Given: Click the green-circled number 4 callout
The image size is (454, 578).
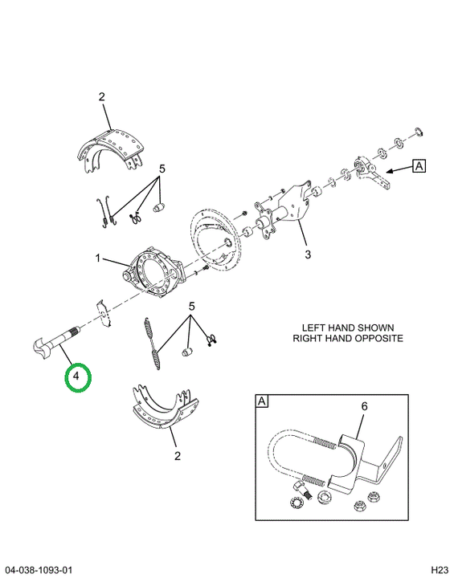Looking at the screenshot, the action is click(76, 377).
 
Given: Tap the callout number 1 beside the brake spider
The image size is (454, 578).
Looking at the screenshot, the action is click(98, 258).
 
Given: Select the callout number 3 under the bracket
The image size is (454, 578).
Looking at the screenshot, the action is click(308, 254).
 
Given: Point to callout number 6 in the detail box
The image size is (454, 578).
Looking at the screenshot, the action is click(364, 406).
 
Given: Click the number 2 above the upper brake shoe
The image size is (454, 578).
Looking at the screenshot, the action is click(102, 97).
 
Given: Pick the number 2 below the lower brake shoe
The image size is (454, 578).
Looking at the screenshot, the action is click(177, 456).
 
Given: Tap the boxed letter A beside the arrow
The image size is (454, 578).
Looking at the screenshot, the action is click(419, 166).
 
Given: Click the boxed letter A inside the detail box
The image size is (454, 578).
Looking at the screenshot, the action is click(262, 401).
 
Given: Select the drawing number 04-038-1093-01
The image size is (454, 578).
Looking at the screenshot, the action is click(39, 570).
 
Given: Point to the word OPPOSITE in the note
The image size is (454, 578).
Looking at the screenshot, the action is click(378, 338).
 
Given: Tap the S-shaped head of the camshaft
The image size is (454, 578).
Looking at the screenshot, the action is click(41, 347).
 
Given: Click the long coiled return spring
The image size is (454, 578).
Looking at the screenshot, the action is click(153, 343).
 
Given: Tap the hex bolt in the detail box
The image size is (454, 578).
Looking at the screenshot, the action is click(301, 490).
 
